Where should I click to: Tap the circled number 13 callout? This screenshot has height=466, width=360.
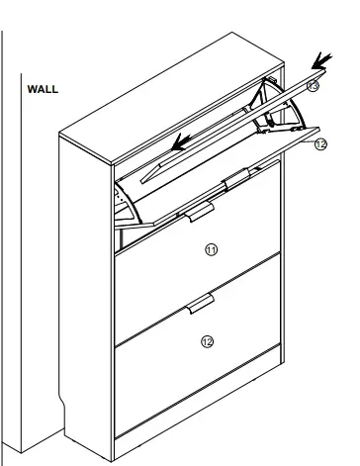(313, 86)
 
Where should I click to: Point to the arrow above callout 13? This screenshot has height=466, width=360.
(323, 65)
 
